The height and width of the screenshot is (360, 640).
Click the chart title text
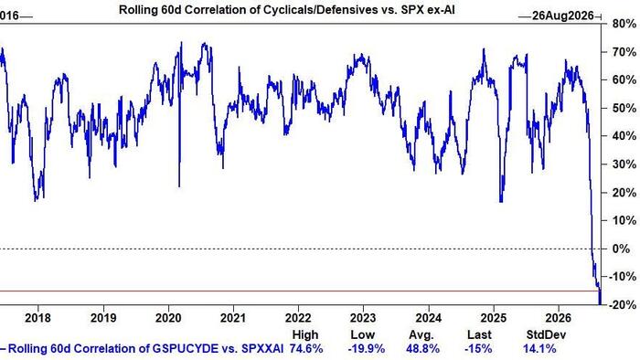tap(286, 10)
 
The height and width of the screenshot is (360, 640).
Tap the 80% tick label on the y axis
tap(624, 24)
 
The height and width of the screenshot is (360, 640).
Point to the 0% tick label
tap(622, 249)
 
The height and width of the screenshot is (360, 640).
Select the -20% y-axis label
tap(622, 305)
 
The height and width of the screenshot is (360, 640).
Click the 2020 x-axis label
tap(168, 318)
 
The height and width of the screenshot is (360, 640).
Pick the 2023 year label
tap(363, 318)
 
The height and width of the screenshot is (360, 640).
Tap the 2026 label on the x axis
tap(558, 318)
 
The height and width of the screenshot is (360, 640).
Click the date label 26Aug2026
tap(563, 16)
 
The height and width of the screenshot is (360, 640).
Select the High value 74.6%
tap(306, 349)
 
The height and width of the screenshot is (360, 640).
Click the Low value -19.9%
tap(366, 349)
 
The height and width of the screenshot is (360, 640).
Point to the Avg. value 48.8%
tap(422, 349)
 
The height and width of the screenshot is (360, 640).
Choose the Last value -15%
tap(478, 349)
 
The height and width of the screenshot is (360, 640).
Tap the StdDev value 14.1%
tap(539, 349)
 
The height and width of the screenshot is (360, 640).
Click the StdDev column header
tap(546, 334)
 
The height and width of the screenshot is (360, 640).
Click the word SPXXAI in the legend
tap(262, 349)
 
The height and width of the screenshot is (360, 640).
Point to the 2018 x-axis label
tap(38, 318)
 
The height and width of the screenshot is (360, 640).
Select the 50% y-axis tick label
tap(624, 108)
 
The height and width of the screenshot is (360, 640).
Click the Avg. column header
tap(421, 334)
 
